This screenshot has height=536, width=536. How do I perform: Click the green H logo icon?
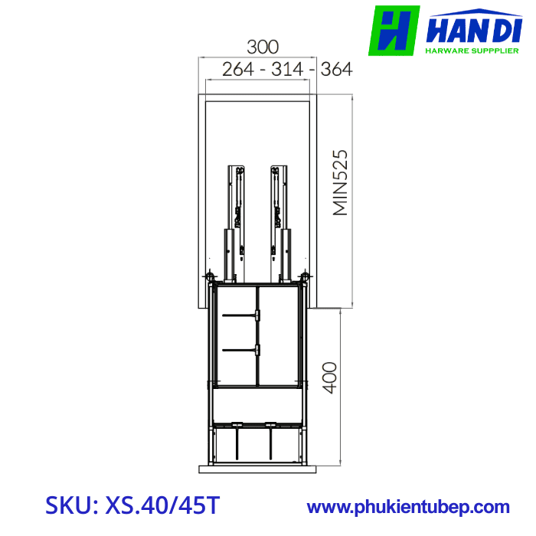coord(394,31)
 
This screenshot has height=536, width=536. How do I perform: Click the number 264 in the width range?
coord(238,69)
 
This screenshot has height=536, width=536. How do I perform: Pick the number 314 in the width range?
coord(287,69)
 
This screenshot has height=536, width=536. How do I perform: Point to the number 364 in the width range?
coord(336,69)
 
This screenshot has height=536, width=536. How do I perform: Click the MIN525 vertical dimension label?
coord(340,182)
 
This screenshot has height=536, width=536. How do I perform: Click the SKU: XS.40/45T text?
coord(132,505)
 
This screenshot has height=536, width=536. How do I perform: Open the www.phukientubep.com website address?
coord(408,507)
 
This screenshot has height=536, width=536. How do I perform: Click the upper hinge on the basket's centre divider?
coord(258,315)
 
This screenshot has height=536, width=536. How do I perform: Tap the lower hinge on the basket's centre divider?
coord(258,350)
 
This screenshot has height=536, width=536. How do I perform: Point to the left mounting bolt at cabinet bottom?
coord(208,276)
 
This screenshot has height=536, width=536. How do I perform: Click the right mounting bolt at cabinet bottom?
coord(306,276)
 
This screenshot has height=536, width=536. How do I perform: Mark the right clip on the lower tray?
coord(270,424)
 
